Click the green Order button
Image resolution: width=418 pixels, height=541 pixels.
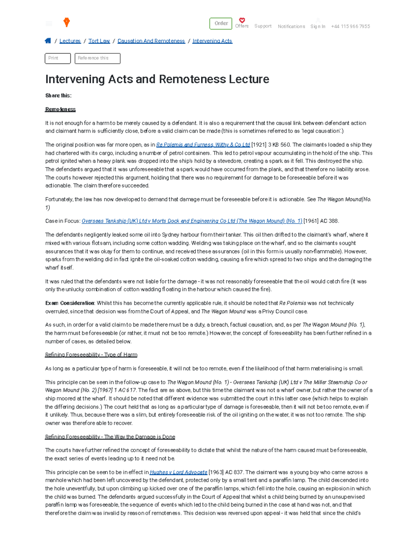(220, 23)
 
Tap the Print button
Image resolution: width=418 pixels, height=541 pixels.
(57, 58)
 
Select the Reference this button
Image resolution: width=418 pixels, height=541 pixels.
(97, 58)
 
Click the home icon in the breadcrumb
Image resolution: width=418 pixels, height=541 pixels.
(48, 41)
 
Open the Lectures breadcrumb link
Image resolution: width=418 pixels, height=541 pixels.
(70, 41)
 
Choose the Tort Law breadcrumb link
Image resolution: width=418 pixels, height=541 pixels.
(99, 41)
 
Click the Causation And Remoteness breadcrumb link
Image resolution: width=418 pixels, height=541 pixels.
(151, 41)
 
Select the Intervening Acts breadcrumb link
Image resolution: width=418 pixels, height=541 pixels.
(212, 41)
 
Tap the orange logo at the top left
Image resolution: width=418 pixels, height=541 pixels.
(67, 23)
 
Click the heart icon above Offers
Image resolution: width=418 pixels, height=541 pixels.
(242, 21)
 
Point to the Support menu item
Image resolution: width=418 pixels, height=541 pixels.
(263, 26)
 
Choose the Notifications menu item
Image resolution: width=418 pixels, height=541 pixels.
(291, 26)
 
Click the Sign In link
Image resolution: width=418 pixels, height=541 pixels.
(318, 26)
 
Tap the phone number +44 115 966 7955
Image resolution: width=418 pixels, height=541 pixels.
(350, 26)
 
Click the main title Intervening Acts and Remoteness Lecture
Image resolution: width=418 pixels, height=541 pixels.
(157, 79)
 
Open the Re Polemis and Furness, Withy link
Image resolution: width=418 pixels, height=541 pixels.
(203, 145)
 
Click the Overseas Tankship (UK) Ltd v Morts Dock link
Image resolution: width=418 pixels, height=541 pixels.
(192, 221)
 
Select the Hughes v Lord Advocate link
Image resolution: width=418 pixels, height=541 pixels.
(178, 472)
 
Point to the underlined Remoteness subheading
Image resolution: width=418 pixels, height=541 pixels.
(60, 109)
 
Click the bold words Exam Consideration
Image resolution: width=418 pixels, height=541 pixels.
(70, 303)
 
